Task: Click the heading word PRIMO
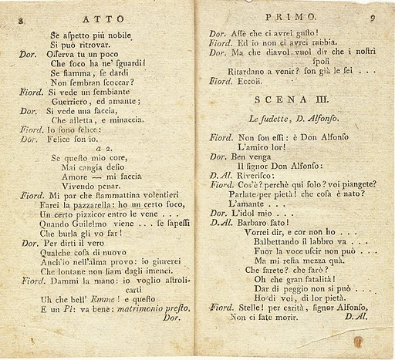point(289,15)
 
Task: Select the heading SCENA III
point(290,99)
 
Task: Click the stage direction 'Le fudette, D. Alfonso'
point(290,118)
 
